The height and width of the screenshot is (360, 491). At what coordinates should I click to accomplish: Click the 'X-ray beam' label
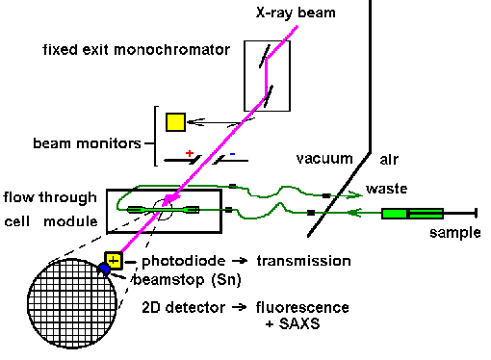[x=296, y=13]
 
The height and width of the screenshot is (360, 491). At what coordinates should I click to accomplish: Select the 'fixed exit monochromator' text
[x=137, y=50]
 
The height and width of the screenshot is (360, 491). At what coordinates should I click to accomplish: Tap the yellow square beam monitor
[x=175, y=122]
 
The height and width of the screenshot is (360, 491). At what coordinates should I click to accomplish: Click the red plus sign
[x=190, y=153]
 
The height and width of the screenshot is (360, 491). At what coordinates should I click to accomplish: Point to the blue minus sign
[x=232, y=154]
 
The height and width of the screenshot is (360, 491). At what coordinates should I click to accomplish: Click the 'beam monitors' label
[x=87, y=143]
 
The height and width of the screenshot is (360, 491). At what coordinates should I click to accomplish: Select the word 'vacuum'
[x=324, y=159]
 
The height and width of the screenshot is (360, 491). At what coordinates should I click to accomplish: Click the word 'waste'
[x=387, y=189]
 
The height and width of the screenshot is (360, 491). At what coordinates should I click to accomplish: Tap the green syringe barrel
[x=412, y=214]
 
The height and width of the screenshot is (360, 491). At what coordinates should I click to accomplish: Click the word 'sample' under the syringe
[x=455, y=233]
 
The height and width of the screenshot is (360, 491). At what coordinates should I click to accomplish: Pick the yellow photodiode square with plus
[x=114, y=260]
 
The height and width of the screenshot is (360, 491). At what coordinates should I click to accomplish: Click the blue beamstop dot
[x=104, y=269]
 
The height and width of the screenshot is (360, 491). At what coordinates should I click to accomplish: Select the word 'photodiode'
[x=184, y=261]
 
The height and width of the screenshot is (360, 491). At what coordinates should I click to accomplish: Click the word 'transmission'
[x=303, y=261]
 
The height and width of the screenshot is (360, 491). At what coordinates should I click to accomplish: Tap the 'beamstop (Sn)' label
[x=187, y=280]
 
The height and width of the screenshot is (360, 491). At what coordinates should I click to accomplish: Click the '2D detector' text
[x=184, y=307]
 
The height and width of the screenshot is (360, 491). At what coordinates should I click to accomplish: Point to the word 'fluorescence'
[x=302, y=307]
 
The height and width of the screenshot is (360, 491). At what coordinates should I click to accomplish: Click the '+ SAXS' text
[x=293, y=323]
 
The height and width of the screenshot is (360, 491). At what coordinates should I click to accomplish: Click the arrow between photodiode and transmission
[x=240, y=261]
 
